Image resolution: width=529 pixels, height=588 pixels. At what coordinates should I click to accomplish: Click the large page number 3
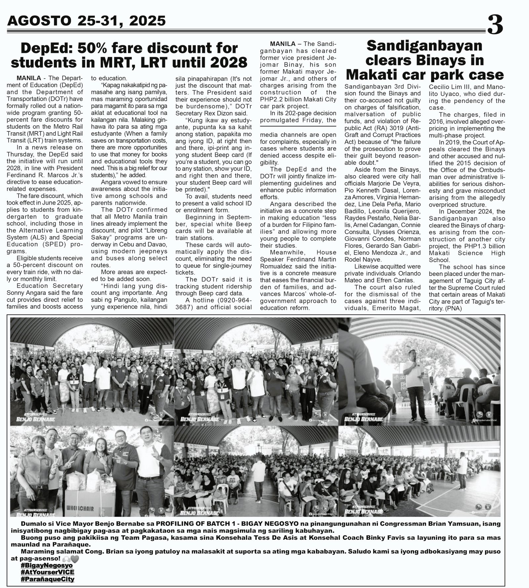click(x=495, y=25)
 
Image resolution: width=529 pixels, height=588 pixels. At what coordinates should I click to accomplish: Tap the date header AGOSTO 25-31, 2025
click(x=86, y=21)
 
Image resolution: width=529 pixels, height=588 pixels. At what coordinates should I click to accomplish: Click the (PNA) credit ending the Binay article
click(x=454, y=309)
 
